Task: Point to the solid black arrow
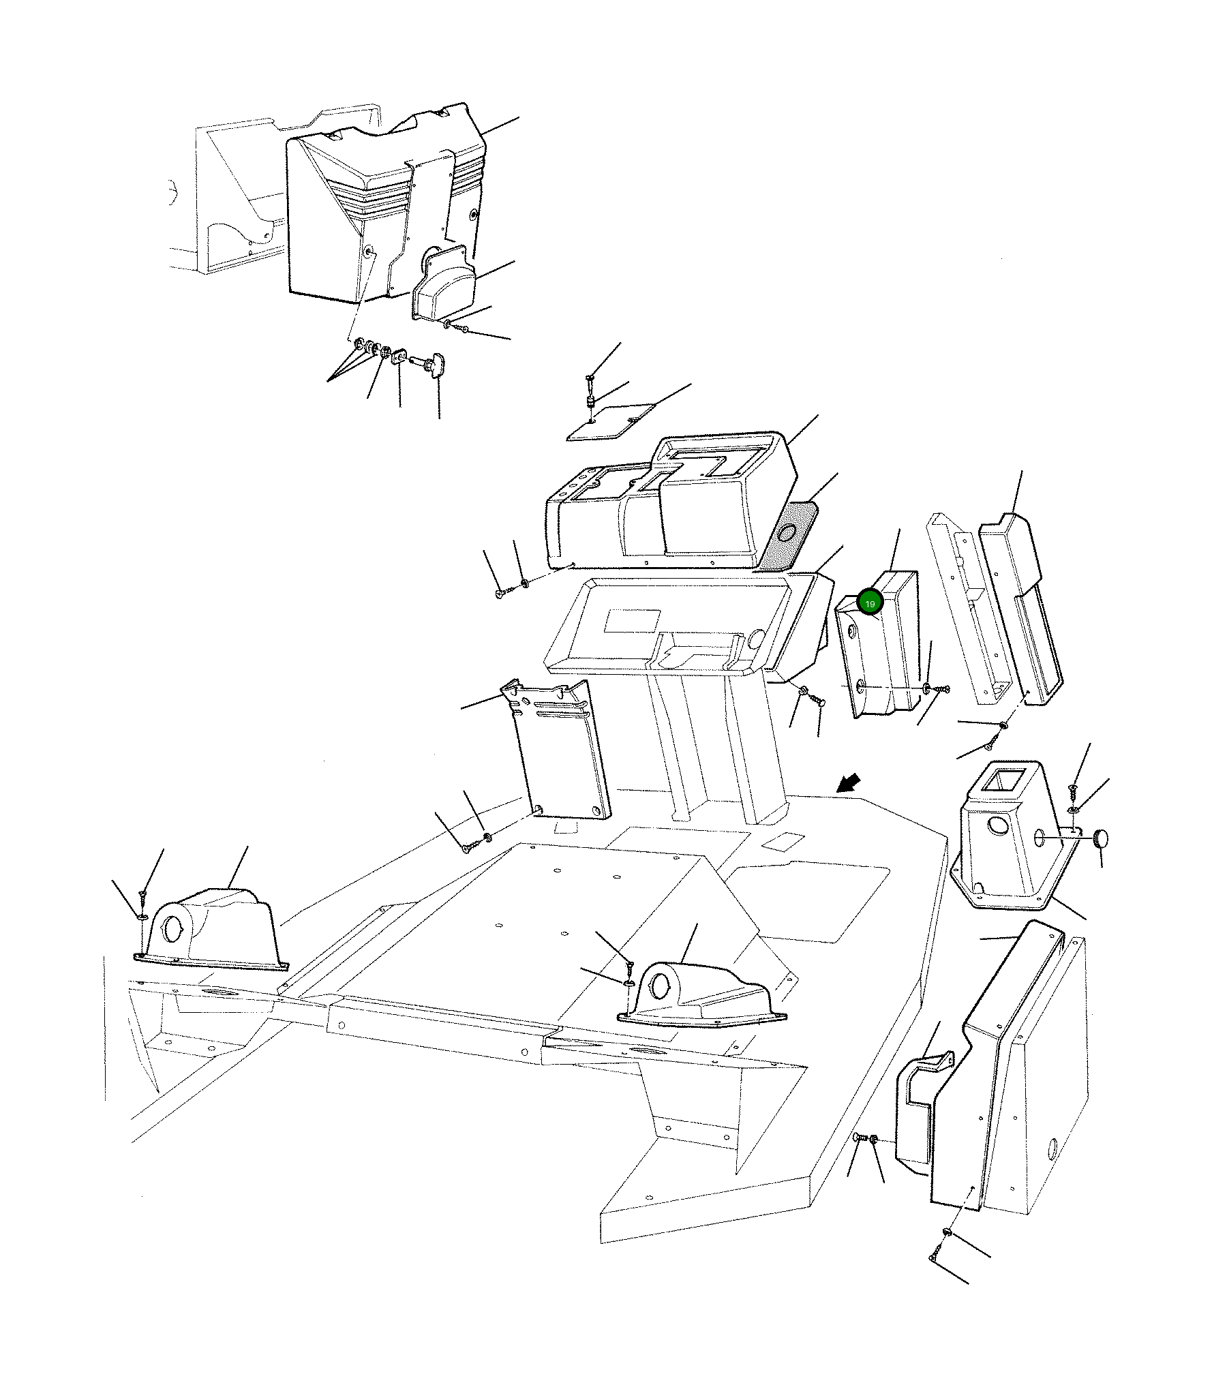tap(849, 783)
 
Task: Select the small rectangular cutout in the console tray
tap(633, 620)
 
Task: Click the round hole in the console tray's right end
tap(755, 639)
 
